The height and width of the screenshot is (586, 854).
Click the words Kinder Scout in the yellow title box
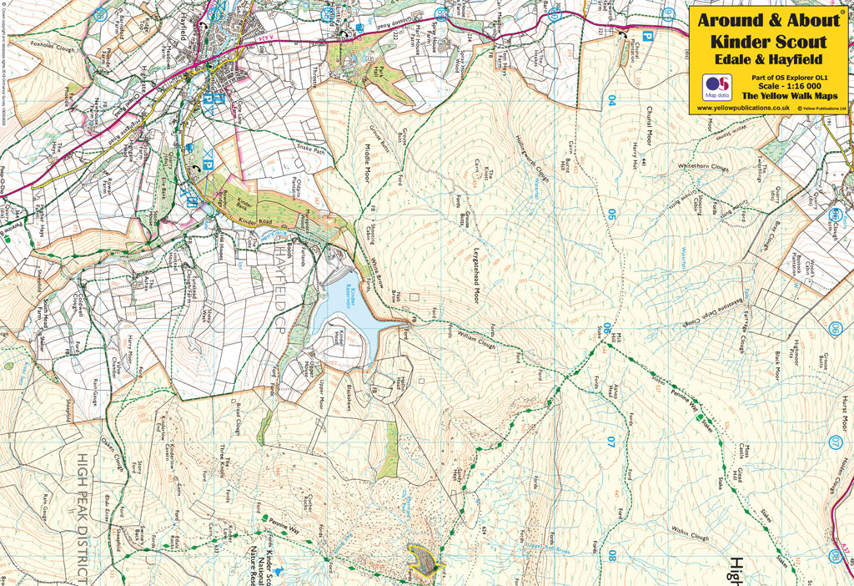tap(768, 41)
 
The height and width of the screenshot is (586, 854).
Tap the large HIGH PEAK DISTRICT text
tap(83, 518)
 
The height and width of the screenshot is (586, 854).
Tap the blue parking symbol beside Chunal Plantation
tap(646, 36)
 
